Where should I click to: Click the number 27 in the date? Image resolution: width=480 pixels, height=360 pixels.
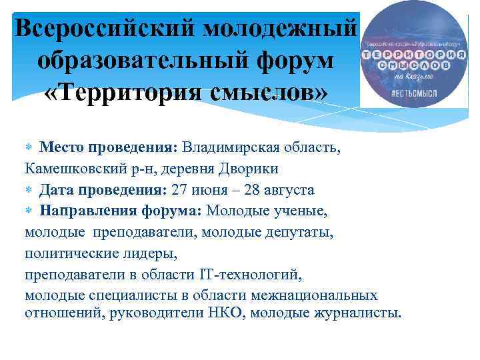180,190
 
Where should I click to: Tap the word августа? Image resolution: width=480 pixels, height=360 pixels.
287,190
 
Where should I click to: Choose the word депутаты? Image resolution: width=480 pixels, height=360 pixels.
305,233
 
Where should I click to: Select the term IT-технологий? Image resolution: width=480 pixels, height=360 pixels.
255,275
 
